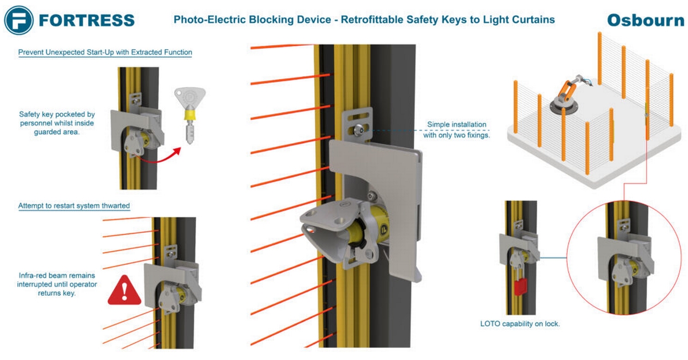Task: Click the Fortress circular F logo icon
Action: point(19,20)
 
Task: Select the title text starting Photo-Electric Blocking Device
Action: point(364,20)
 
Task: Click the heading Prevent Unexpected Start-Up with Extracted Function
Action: point(105,52)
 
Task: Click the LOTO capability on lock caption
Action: point(519,324)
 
